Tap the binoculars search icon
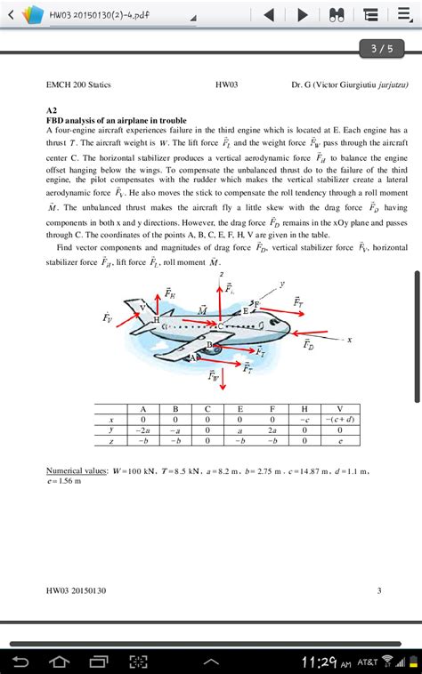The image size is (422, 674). [x=337, y=15]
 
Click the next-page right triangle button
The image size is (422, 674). [x=303, y=15]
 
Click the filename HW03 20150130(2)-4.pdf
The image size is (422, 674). [x=99, y=15]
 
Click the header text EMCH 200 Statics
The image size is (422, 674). [x=78, y=84]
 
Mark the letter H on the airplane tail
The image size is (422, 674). [x=157, y=318]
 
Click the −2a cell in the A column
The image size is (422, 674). [x=142, y=429]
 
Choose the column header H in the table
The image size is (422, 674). [x=304, y=408]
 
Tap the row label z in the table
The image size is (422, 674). [x=110, y=439]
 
